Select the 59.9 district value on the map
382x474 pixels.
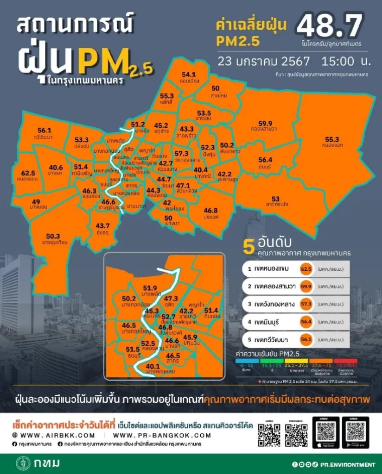pyautogui.click(x=265, y=123)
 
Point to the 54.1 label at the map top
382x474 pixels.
pyautogui.click(x=189, y=74)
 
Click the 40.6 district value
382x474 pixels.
pyautogui.click(x=56, y=168)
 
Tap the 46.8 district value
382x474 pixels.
pyautogui.click(x=210, y=210)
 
